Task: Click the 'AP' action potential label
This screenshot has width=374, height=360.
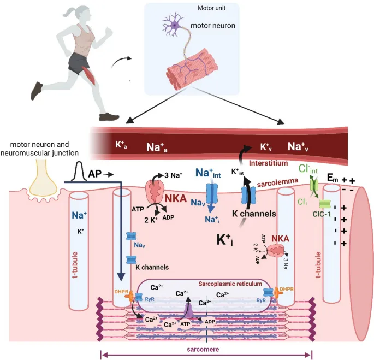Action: coord(94,174)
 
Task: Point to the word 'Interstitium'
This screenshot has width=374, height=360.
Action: coord(268,163)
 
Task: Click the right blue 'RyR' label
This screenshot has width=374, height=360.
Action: coord(260,300)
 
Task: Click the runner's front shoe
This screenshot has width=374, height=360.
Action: coord(110,116)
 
